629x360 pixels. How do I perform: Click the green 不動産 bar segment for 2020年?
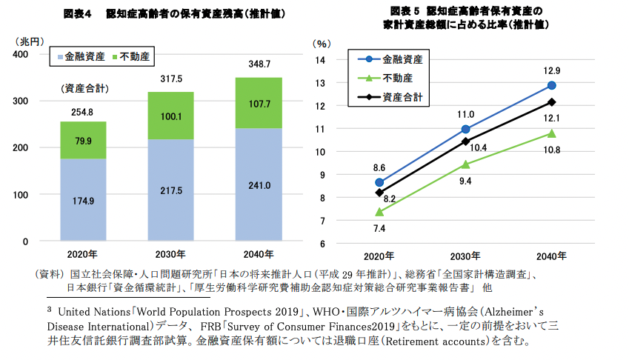coord(83,140)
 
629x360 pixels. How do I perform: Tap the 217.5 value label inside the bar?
coord(170,191)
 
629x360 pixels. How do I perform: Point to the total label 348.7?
coord(259,64)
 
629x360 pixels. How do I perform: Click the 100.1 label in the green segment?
coord(170,116)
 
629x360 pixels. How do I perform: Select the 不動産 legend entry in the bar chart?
coord(131,56)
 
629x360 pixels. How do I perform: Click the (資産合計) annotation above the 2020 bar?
coord(85,89)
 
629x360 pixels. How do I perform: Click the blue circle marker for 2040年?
coord(551,85)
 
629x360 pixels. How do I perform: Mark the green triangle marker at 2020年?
coord(379,211)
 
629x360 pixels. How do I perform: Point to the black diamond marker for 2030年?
coord(465,141)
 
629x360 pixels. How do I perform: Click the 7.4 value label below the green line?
coord(379,230)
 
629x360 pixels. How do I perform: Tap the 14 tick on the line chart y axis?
coord(321,60)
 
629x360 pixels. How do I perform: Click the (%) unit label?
coord(321,44)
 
